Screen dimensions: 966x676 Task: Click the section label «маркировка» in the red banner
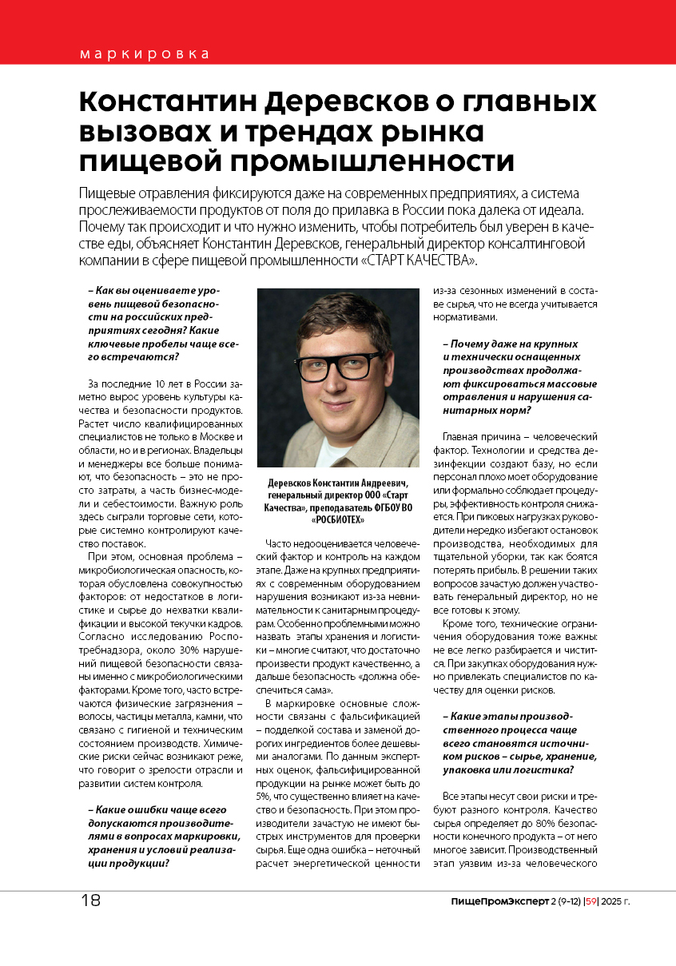point(145,54)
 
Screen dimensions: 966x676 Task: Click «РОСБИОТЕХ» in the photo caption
point(338,520)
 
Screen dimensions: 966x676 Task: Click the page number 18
point(90,900)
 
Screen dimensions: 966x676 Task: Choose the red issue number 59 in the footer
point(591,901)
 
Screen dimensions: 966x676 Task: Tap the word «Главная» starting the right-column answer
point(461,437)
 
